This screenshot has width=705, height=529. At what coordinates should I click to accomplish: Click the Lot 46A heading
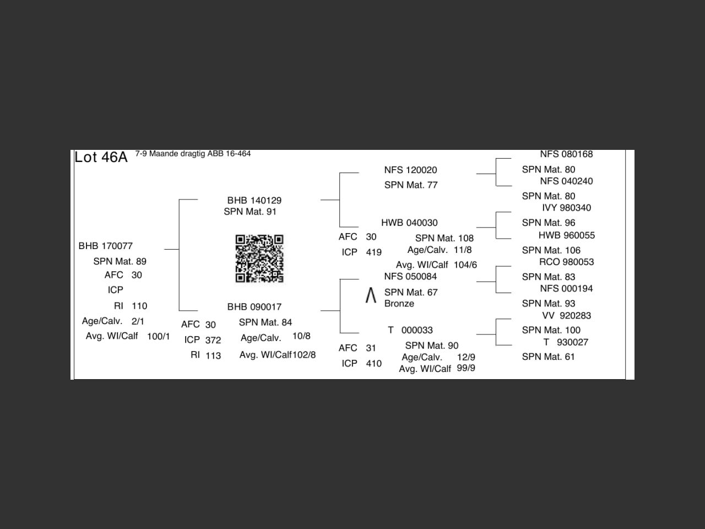pyautogui.click(x=101, y=157)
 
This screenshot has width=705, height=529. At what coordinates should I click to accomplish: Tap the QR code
pyautogui.click(x=259, y=258)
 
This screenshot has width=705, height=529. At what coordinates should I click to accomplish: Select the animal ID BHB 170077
pyautogui.click(x=106, y=246)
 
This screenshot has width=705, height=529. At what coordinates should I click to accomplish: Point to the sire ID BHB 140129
pyautogui.click(x=254, y=200)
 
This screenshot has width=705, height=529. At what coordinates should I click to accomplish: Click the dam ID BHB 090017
pyautogui.click(x=254, y=306)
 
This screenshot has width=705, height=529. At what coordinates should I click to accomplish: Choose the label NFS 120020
pyautogui.click(x=411, y=170)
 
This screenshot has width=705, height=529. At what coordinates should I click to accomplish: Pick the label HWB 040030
pyautogui.click(x=409, y=223)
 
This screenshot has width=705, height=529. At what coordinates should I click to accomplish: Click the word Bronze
pyautogui.click(x=399, y=304)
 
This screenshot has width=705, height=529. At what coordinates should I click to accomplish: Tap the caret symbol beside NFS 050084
pyautogui.click(x=371, y=296)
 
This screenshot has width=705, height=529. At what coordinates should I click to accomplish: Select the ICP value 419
pyautogui.click(x=373, y=252)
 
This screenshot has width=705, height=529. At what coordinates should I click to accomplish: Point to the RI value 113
pyautogui.click(x=213, y=355)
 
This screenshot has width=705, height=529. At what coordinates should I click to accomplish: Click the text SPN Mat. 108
pyautogui.click(x=444, y=238)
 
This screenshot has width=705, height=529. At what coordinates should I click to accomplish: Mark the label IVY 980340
pyautogui.click(x=567, y=208)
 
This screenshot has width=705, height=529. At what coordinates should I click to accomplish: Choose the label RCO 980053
pyautogui.click(x=567, y=262)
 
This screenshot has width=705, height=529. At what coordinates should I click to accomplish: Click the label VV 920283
pyautogui.click(x=567, y=316)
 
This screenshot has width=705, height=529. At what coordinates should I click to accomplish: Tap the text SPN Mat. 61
pyautogui.click(x=548, y=357)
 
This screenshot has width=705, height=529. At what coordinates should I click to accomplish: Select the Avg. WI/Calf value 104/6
pyautogui.click(x=465, y=265)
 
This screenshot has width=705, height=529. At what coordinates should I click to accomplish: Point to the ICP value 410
pyautogui.click(x=373, y=364)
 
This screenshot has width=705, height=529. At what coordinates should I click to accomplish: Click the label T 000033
pyautogui.click(x=410, y=330)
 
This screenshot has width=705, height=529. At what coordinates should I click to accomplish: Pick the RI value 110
pyautogui.click(x=139, y=306)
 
